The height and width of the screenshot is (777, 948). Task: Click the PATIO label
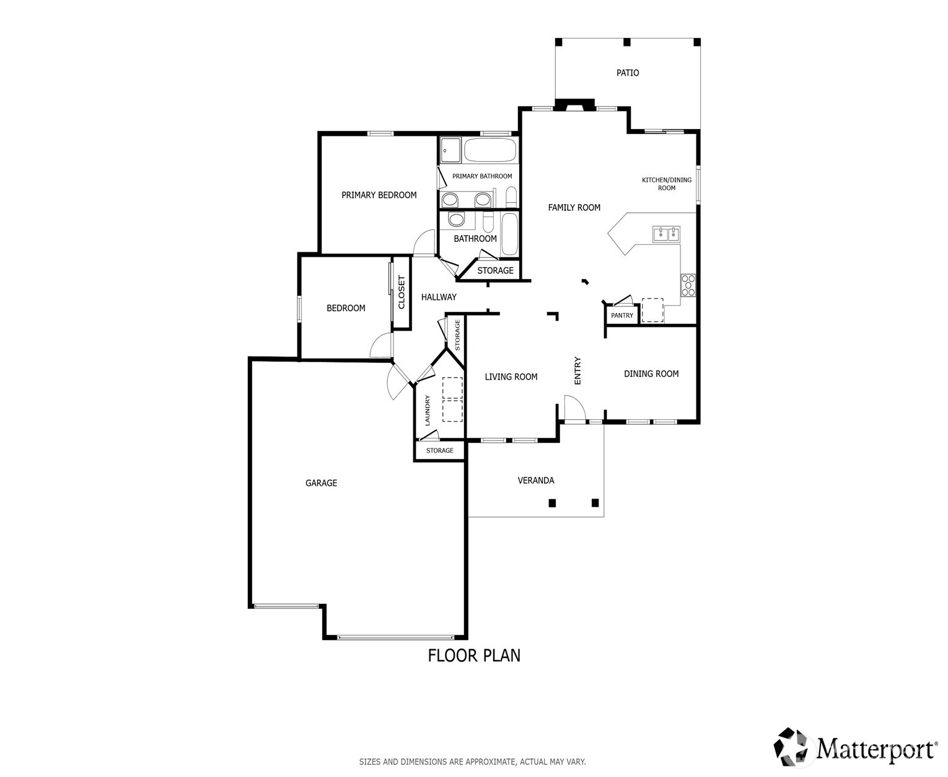(x=627, y=73)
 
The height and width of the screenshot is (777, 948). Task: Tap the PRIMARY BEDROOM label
(x=379, y=195)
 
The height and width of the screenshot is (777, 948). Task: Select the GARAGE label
(x=321, y=483)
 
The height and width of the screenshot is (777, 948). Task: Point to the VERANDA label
(x=535, y=481)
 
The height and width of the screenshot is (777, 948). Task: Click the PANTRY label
(x=621, y=316)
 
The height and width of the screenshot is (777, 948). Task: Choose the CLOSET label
(x=401, y=292)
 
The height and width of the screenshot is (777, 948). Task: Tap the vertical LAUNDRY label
(x=428, y=410)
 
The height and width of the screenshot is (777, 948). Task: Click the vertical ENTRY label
(x=577, y=370)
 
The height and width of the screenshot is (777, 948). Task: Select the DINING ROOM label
(x=651, y=373)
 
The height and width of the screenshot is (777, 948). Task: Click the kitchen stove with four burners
(x=688, y=285)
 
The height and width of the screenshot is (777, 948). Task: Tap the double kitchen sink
(x=665, y=234)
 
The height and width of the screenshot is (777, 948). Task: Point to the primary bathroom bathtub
(x=489, y=149)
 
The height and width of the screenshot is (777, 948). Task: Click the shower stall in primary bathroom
(x=450, y=149)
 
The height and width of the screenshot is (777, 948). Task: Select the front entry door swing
(x=574, y=408)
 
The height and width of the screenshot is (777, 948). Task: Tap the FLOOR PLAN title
(x=474, y=655)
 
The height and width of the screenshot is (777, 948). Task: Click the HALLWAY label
(x=439, y=297)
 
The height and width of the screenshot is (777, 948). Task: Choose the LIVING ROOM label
(x=511, y=376)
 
